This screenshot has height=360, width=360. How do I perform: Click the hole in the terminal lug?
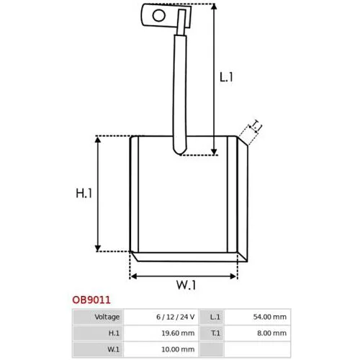159,16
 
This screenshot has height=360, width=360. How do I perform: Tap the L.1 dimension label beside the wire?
226,77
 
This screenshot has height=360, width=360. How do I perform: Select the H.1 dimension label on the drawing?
84,193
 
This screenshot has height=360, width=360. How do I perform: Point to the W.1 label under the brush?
186,285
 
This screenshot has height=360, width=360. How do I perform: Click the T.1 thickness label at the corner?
256,125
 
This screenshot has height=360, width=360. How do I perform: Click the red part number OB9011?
91,300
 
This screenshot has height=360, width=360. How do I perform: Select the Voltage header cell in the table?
107,317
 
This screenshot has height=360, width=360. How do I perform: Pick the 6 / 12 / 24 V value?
176,317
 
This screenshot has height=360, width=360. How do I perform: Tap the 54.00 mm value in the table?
270,317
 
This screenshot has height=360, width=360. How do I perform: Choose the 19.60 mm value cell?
178,333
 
